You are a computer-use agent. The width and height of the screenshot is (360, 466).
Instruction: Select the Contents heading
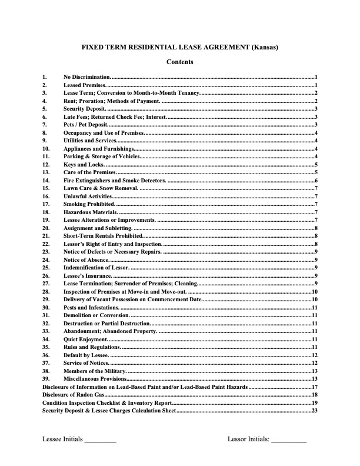coord(179,62)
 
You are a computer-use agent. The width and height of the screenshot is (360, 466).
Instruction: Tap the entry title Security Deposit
coord(85,109)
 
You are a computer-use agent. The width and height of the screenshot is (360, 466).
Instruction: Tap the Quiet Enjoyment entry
coord(85,339)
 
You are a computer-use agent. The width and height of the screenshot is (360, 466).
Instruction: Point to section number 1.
coord(44,77)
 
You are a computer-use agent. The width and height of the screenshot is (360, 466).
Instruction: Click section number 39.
coord(46,379)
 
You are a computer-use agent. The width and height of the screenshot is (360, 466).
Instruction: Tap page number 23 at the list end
coord(315,411)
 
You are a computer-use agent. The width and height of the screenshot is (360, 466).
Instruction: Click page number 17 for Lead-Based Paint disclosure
coord(315,387)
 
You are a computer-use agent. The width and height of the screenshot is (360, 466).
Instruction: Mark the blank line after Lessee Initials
coord(100,440)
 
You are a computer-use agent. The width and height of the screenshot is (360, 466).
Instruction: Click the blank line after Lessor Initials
coord(289,440)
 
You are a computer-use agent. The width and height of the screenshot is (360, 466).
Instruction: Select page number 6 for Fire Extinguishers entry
coord(316,181)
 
